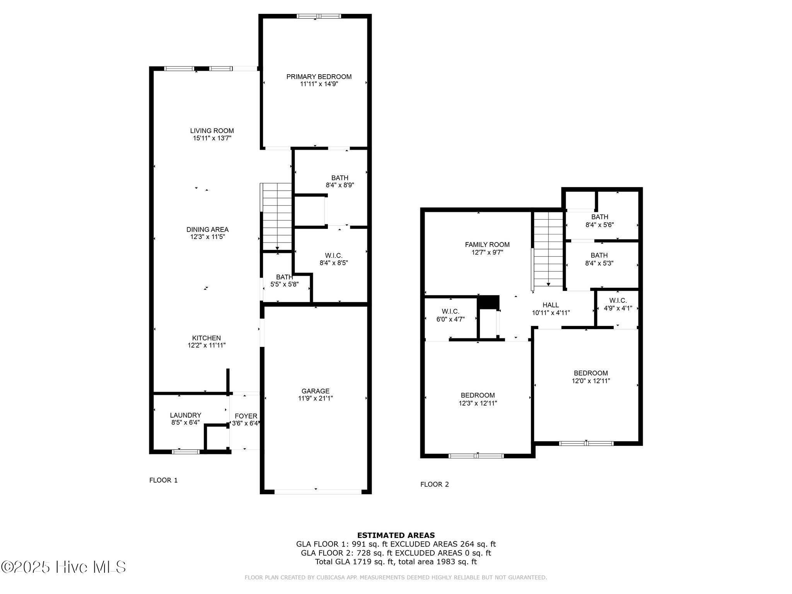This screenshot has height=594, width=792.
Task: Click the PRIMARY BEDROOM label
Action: click(x=319, y=77)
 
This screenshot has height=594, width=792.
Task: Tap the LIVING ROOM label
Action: click(x=212, y=131)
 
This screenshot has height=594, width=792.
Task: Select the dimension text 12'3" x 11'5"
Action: click(x=208, y=237)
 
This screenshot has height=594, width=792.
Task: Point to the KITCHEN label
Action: click(x=207, y=338)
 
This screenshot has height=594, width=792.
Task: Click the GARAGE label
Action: click(x=316, y=391)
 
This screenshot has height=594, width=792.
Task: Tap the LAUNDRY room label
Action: click(x=186, y=415)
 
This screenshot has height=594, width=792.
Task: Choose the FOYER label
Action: click(x=246, y=416)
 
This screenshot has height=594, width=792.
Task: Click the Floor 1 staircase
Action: click(x=277, y=217)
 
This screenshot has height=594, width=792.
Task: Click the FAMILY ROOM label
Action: click(x=487, y=244)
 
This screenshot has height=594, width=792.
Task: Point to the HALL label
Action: click(x=551, y=305)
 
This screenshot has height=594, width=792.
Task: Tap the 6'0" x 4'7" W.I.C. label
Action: click(x=451, y=315)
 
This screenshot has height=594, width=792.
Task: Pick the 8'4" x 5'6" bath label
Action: click(x=600, y=221)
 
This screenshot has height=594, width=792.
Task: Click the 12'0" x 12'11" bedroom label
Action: click(x=591, y=377)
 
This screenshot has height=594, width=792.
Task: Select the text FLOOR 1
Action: click(x=164, y=480)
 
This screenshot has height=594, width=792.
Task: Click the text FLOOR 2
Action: click(x=435, y=484)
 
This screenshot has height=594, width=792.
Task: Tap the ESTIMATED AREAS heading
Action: click(x=396, y=535)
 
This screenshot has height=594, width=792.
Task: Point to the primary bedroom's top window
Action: click(x=319, y=16)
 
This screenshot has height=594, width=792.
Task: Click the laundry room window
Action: click(x=186, y=451)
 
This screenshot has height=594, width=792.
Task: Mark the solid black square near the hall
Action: click(x=488, y=302)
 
